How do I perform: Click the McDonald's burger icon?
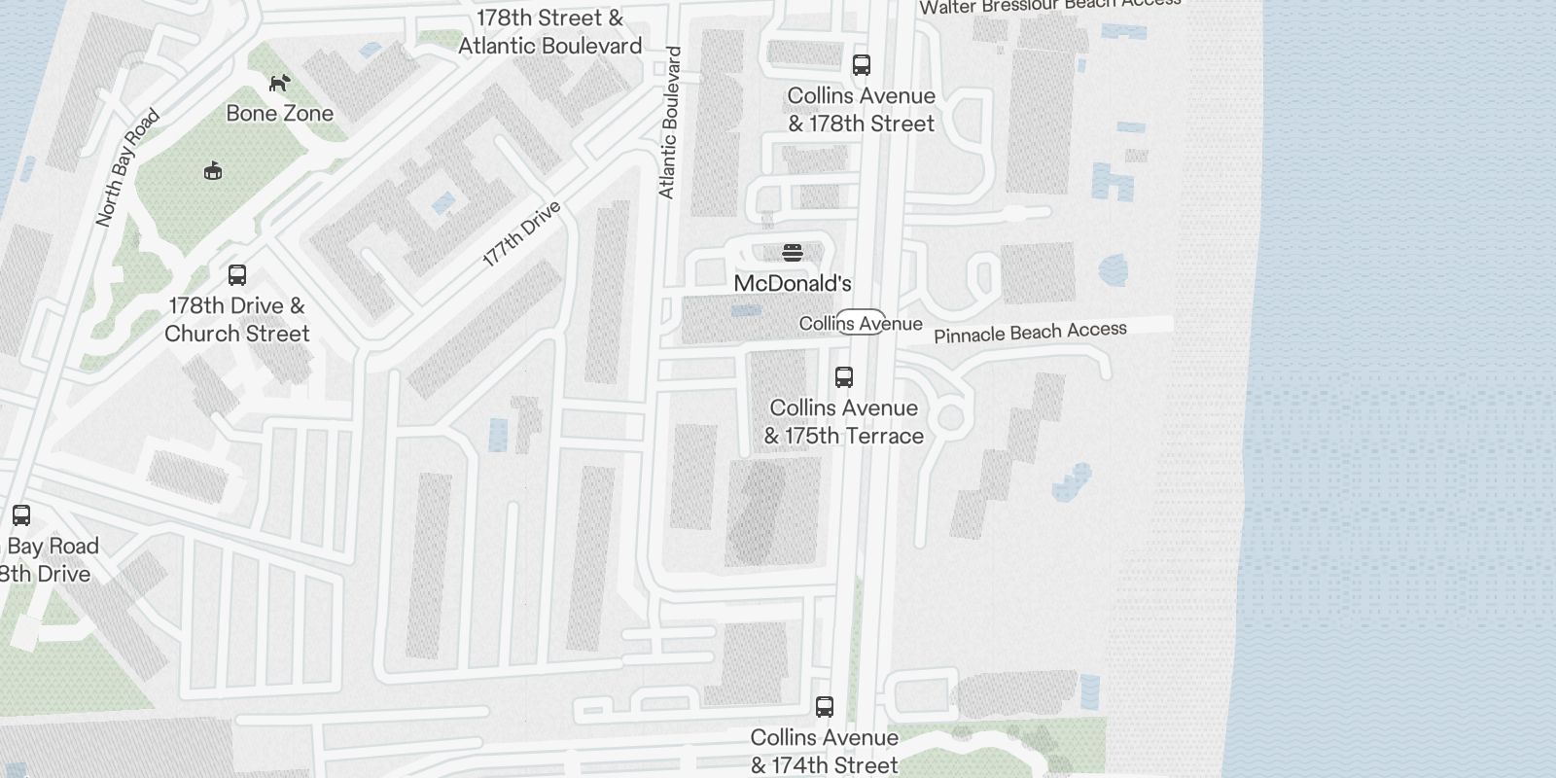[x=793, y=253]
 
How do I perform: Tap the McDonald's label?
[x=793, y=283]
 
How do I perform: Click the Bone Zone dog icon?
[x=279, y=84]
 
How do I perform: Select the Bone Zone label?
[x=279, y=113]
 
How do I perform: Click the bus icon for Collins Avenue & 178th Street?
[x=861, y=65]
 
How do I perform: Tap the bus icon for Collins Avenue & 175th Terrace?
[x=844, y=377]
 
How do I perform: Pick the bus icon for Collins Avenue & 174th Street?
[x=825, y=707]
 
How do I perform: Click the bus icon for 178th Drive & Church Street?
[x=237, y=275]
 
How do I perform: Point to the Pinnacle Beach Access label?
[x=1030, y=333]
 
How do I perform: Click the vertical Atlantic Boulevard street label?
[x=669, y=123]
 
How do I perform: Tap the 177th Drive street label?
[x=522, y=233]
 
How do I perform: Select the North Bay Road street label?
[x=127, y=168]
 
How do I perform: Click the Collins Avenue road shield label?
[x=861, y=323]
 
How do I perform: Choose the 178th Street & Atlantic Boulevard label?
[x=549, y=32]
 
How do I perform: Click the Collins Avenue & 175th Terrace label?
[x=844, y=422]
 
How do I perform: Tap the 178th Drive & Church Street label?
[x=236, y=319]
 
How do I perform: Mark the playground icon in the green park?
[x=213, y=171]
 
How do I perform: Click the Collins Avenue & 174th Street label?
[x=825, y=752]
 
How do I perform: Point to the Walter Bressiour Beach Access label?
[x=1050, y=6]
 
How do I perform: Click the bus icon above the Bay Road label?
[x=21, y=515]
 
